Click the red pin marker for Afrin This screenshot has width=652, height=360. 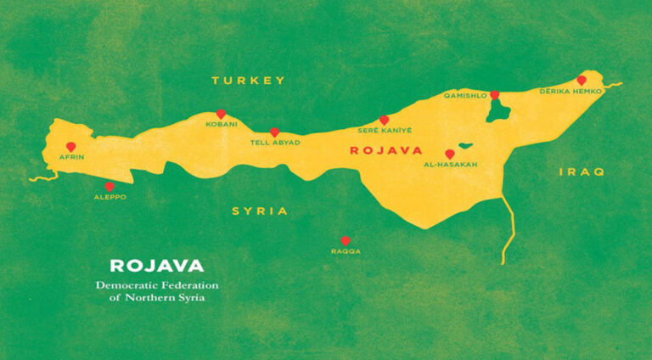point(70,147)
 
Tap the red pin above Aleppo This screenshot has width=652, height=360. point(109,186)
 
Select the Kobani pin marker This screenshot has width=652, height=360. point(221,114)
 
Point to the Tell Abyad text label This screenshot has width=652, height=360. point(273,143)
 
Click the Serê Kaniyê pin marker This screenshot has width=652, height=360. point(384,120)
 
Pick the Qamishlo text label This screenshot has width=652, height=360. point(466,97)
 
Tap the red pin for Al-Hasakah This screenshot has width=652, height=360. point(449,155)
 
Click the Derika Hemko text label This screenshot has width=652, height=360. point(570,91)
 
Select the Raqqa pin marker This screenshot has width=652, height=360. point(345,241)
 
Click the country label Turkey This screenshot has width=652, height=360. point(247,80)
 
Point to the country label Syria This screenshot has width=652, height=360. point(260,211)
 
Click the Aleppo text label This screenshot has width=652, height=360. point(110,196)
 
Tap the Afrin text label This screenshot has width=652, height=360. point(71,158)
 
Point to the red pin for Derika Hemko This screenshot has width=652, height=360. point(582,80)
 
